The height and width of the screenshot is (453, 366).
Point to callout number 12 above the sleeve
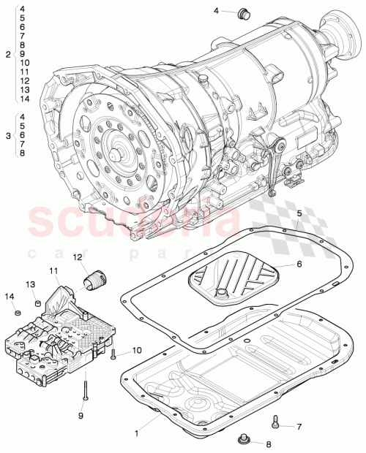(77, 257)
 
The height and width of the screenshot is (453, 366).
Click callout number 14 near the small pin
(10, 297)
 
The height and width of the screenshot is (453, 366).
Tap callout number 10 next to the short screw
(136, 350)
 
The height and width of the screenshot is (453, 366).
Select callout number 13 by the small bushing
(31, 283)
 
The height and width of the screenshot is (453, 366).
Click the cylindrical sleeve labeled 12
(97, 278)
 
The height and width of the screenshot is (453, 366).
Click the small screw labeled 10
(114, 355)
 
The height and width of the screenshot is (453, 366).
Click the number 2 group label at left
(7, 55)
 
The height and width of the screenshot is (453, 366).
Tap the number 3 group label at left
(7, 135)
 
